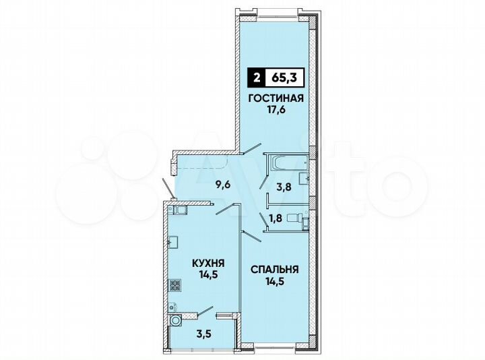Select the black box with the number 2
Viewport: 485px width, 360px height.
click(257, 79)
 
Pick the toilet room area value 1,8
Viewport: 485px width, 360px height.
click(276, 218)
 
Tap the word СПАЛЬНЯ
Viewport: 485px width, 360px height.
click(275, 269)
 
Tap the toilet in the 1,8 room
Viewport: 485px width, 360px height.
click(293, 218)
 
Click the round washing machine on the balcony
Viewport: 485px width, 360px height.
click(175, 322)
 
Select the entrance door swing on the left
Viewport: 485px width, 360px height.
click(168, 188)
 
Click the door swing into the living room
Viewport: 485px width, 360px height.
click(253, 149)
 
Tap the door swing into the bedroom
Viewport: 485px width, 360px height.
click(252, 235)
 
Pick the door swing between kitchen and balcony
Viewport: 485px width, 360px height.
click(204, 311)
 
